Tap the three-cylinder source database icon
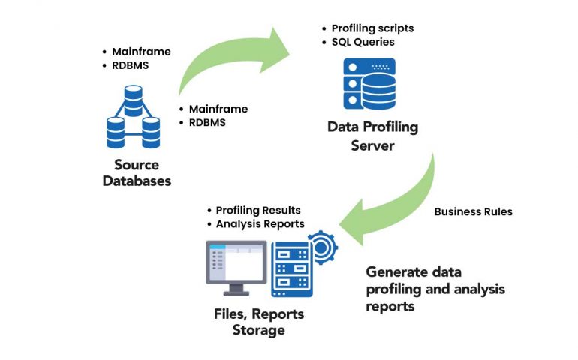134,118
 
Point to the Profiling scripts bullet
372,28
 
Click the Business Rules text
474,211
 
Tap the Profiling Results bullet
258,210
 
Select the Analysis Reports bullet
260,223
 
